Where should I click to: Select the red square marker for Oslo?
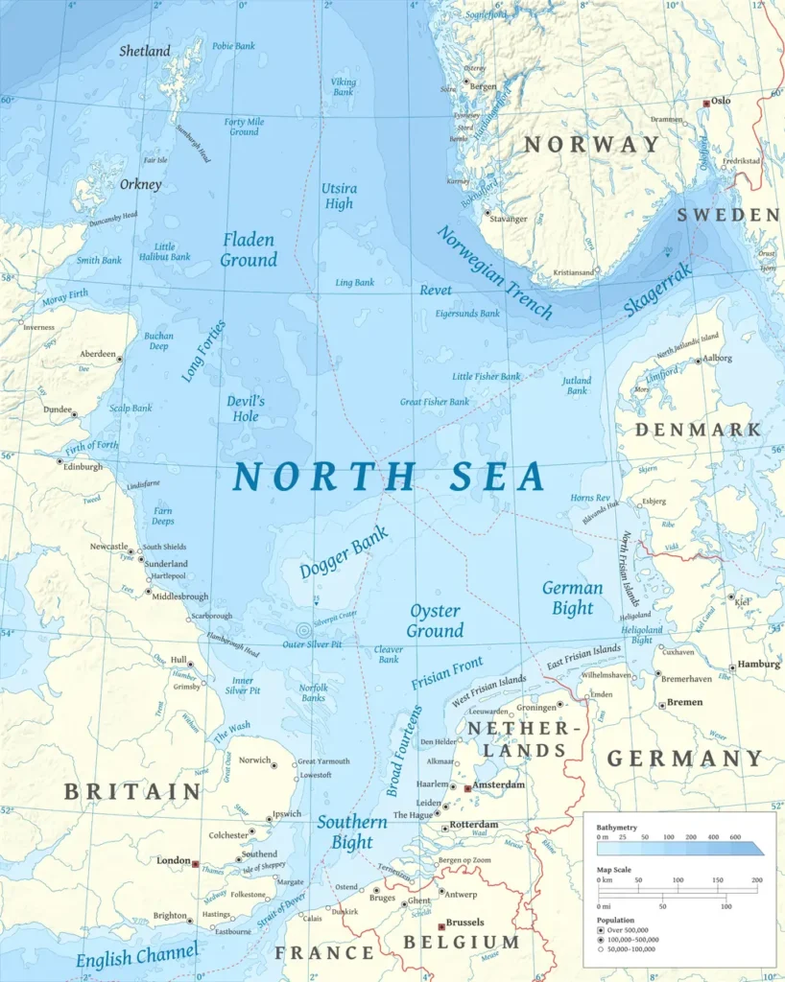[707, 103]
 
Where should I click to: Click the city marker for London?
[196, 863]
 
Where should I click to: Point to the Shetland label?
[145, 51]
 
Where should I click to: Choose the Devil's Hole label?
[245, 409]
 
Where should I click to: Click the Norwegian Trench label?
[494, 272]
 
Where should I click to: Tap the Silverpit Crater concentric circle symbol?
[304, 630]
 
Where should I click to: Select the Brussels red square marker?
[441, 925]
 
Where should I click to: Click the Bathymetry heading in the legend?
[616, 826]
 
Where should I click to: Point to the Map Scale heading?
[615, 870]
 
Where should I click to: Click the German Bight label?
[573, 597]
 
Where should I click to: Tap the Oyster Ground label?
[435, 620]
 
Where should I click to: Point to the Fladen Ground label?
[249, 249]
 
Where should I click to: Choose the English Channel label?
[137, 957]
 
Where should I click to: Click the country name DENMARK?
[698, 429]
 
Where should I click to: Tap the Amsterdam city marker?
[467, 787]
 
